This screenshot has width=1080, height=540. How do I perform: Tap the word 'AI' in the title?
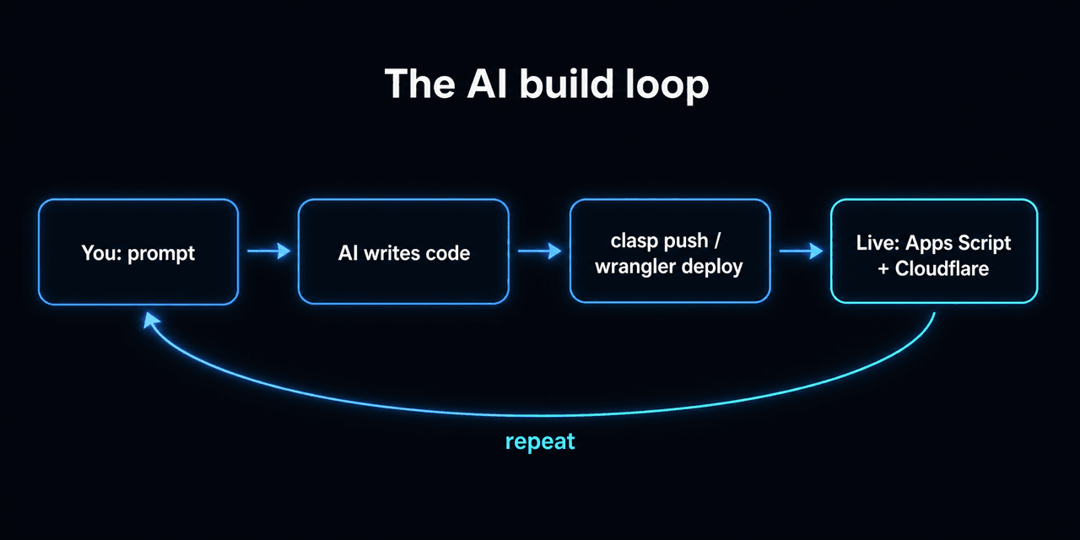click(x=487, y=84)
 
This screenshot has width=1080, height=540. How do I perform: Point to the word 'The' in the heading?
click(x=419, y=84)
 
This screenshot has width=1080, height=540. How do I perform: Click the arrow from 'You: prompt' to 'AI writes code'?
click(x=269, y=251)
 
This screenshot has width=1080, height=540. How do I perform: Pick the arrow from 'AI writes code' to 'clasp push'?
click(x=539, y=251)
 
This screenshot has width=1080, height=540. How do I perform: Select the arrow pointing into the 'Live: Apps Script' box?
click(x=801, y=251)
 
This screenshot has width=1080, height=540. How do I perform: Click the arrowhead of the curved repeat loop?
click(x=151, y=320)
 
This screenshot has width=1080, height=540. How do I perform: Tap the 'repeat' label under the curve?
click(x=540, y=441)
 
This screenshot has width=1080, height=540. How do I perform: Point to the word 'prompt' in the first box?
click(x=161, y=254)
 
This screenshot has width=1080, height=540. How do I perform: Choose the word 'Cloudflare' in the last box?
click(x=942, y=268)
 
